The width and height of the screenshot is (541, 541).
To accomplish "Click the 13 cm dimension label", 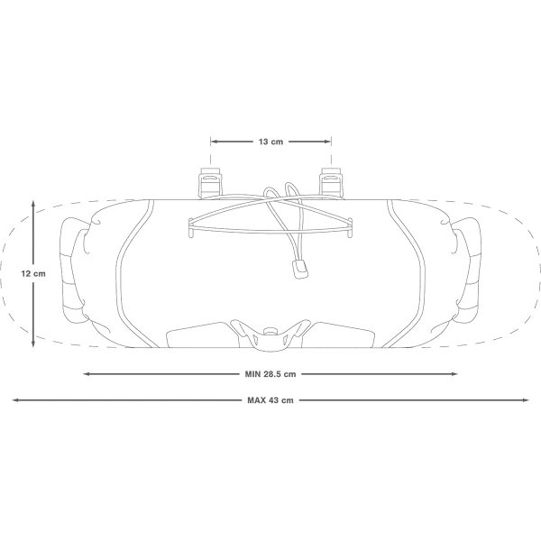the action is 270,142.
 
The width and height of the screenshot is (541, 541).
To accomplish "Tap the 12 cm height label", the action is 33,273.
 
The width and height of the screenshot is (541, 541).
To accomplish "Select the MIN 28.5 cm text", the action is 270,374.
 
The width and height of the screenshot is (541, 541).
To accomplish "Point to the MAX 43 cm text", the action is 270,400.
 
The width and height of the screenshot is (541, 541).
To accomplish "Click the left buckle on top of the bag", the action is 210,183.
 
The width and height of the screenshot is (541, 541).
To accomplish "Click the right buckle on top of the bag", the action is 331,183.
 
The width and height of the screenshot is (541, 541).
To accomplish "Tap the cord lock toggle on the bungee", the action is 300,269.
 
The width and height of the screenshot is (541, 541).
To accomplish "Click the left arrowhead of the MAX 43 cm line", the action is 15,400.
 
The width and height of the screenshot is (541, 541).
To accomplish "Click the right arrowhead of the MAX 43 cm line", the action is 526,400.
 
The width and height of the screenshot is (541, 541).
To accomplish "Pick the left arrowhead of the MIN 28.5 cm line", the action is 87,373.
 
